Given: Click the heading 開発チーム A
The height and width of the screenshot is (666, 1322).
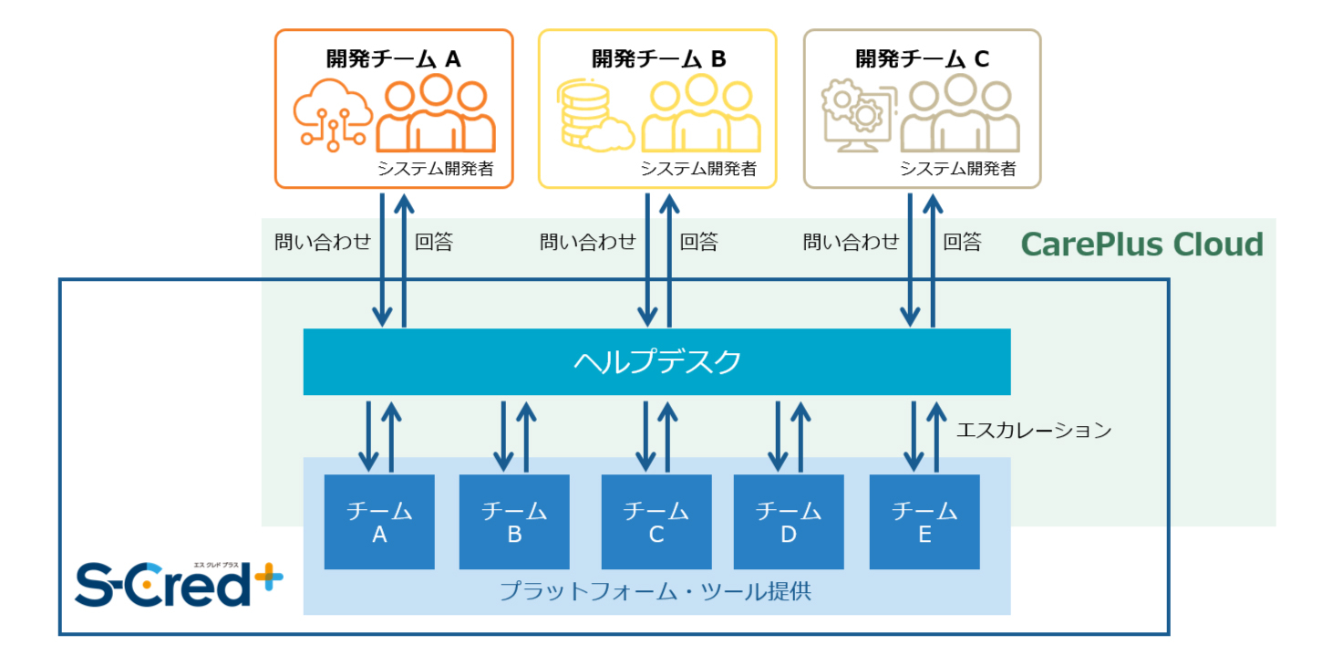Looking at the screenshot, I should point(394,59).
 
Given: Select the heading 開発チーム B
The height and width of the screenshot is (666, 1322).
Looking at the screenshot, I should point(658,59).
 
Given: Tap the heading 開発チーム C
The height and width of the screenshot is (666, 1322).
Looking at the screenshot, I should point(922,59).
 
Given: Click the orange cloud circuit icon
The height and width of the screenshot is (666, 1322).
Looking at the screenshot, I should point(333,115).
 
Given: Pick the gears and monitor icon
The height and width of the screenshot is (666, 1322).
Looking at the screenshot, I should point(857,116).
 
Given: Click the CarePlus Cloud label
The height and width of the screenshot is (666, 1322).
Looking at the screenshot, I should point(1141,245).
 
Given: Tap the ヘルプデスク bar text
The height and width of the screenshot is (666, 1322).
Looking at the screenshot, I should point(656,362).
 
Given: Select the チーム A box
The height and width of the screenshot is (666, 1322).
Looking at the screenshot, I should point(379,522).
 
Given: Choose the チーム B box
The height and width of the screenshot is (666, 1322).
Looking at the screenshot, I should point(514,522).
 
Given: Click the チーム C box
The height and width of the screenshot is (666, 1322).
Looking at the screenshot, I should point(656,522).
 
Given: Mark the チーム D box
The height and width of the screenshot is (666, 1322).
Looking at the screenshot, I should point(789,522).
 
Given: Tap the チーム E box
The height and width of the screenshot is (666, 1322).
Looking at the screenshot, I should point(924,522).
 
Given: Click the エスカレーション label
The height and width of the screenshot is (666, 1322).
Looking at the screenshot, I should point(1034,430).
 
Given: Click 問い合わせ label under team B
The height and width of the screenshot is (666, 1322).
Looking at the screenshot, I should point(587,242).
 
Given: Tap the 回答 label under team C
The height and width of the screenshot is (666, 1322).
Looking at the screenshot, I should point(962,242).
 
